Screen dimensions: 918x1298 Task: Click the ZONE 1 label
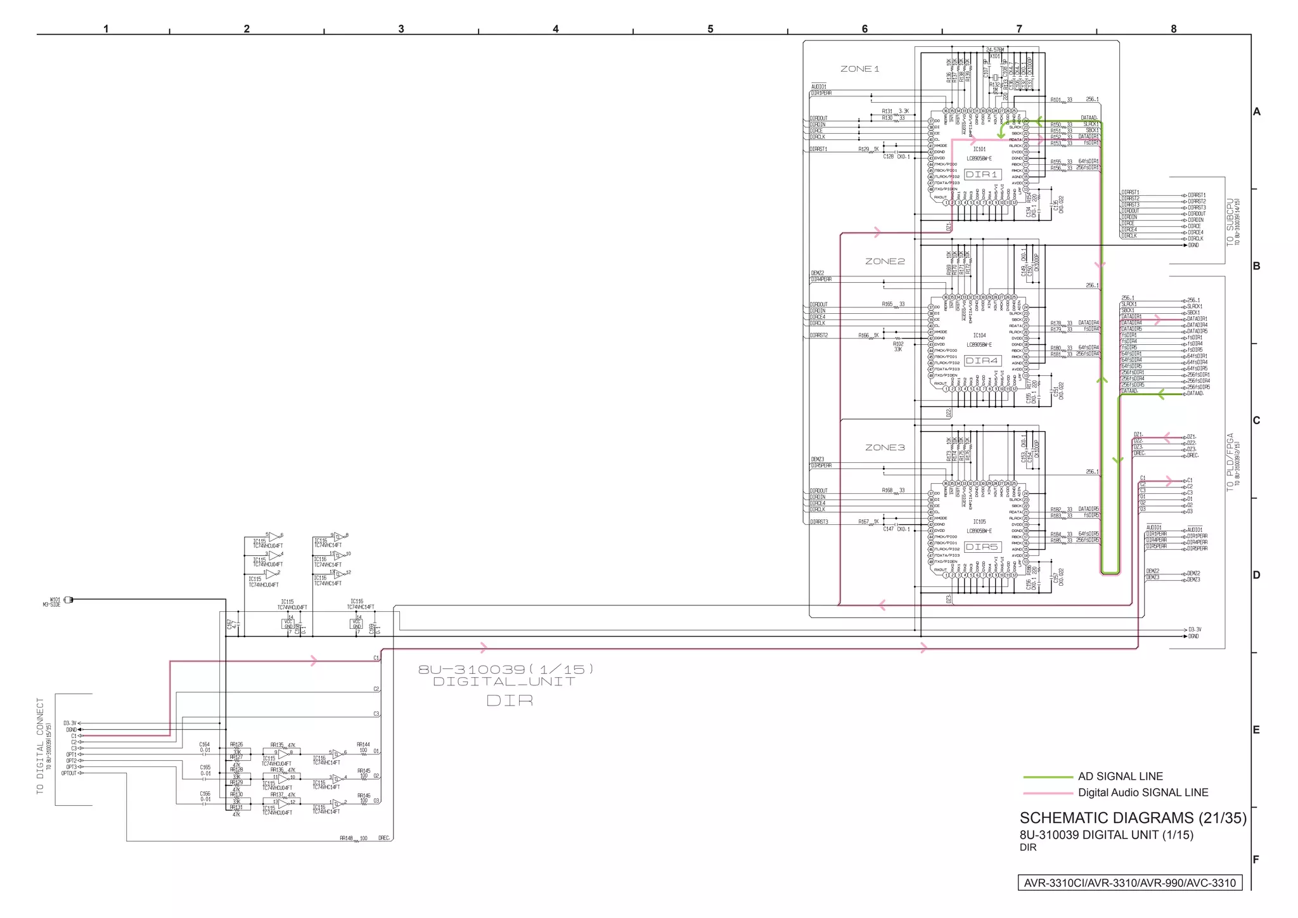(859, 69)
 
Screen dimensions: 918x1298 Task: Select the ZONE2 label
(885, 261)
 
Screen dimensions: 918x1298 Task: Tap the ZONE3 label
(885, 448)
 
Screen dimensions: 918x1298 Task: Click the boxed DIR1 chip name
(982, 174)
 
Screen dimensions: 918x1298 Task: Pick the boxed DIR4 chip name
(982, 361)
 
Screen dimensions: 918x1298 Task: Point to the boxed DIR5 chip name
(982, 547)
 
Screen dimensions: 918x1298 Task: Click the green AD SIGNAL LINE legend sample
(1048, 777)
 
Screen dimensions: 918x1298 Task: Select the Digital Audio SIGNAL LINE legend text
(1143, 792)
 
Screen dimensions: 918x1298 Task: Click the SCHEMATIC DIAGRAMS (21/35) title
(1133, 818)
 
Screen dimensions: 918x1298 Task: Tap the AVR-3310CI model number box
(1129, 883)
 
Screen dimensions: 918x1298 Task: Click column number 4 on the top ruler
(556, 29)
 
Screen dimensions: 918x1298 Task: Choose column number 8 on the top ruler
(1173, 29)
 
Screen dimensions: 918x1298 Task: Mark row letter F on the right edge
(1256, 860)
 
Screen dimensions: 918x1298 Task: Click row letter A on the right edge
(1256, 112)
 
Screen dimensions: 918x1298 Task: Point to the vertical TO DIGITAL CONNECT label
(41, 746)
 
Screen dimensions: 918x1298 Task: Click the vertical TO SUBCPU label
(1230, 223)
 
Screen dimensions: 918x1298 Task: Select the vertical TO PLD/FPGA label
(1230, 462)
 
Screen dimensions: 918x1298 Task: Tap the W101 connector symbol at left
(68, 600)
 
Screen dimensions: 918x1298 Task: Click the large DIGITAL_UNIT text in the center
(504, 682)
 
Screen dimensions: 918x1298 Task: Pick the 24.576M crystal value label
(995, 49)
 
